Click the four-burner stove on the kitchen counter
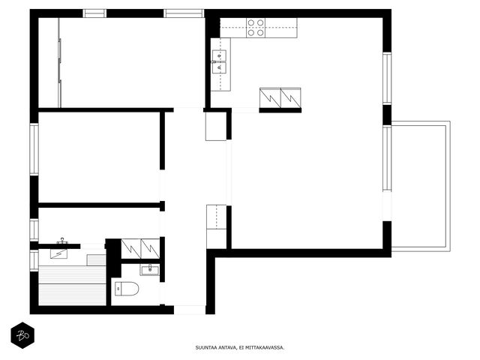[x=256, y=28]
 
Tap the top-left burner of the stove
[x=251, y=23]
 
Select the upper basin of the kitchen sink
[x=219, y=55]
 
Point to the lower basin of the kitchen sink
[x=219, y=68]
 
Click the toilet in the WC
[x=127, y=289]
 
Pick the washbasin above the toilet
[x=150, y=270]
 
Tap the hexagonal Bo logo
[x=22, y=335]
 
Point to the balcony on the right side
[x=421, y=187]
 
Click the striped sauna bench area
[x=72, y=285]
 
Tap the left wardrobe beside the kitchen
[x=270, y=98]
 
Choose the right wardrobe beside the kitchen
[x=291, y=98]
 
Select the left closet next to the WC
[x=131, y=249]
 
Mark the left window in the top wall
[x=94, y=13]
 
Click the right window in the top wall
[x=184, y=13]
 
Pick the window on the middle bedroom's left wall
[x=34, y=149]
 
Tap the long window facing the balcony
[x=387, y=158]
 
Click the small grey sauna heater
[x=96, y=260]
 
